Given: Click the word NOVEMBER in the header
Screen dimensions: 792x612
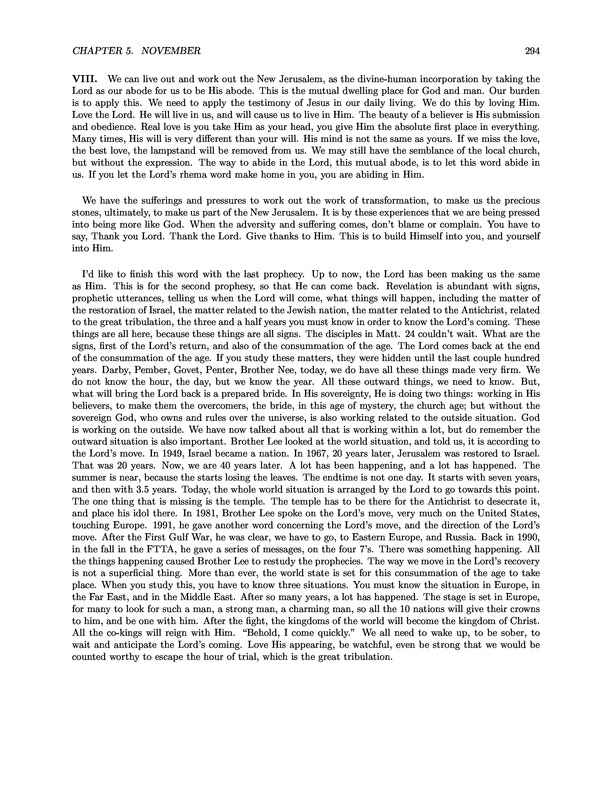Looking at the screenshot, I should (141, 52).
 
